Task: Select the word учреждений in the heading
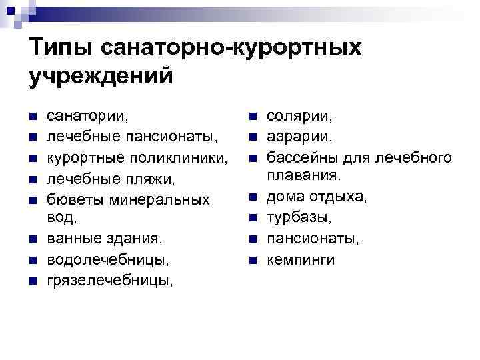[x=101, y=75]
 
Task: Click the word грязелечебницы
[x=109, y=281]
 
